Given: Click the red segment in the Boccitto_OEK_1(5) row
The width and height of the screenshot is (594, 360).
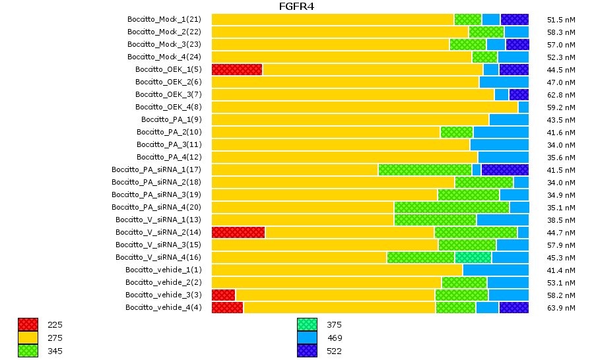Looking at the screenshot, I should pos(237,69).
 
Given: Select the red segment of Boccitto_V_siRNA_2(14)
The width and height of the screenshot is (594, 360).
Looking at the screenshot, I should pos(238,232).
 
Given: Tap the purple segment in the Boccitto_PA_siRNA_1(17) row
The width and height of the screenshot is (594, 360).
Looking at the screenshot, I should pos(505,169).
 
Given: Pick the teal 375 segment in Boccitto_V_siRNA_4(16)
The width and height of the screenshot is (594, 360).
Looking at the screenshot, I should pos(473,257).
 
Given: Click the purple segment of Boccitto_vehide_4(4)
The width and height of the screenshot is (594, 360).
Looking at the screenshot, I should pos(513,307).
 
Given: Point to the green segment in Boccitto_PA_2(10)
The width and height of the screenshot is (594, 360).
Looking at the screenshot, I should pos(457,132).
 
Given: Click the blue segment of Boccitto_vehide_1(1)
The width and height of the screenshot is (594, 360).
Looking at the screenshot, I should pos(496,270).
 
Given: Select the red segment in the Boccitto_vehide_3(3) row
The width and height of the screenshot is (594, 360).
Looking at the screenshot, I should pos(223,295).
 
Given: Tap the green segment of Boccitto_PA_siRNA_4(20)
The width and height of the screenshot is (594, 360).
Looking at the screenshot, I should pos(451,207).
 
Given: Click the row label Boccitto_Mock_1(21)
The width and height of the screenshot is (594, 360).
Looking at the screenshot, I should pos(164,19).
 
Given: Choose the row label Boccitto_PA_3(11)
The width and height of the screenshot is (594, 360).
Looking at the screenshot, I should pos(169,144).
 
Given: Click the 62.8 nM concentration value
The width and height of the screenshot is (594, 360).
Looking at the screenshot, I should pos(561,94).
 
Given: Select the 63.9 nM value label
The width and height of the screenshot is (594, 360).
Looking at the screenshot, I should pos(561,307).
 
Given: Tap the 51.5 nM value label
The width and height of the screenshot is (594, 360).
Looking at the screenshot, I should pos(561,19).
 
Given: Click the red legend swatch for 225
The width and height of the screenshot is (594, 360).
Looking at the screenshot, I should pos(28,324).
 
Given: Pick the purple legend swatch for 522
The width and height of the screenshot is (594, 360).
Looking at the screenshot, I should pos(307,351).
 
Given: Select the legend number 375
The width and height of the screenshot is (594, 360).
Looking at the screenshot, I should pos(335,324).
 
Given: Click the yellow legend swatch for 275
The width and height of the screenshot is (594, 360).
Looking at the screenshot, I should pos(28,338).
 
